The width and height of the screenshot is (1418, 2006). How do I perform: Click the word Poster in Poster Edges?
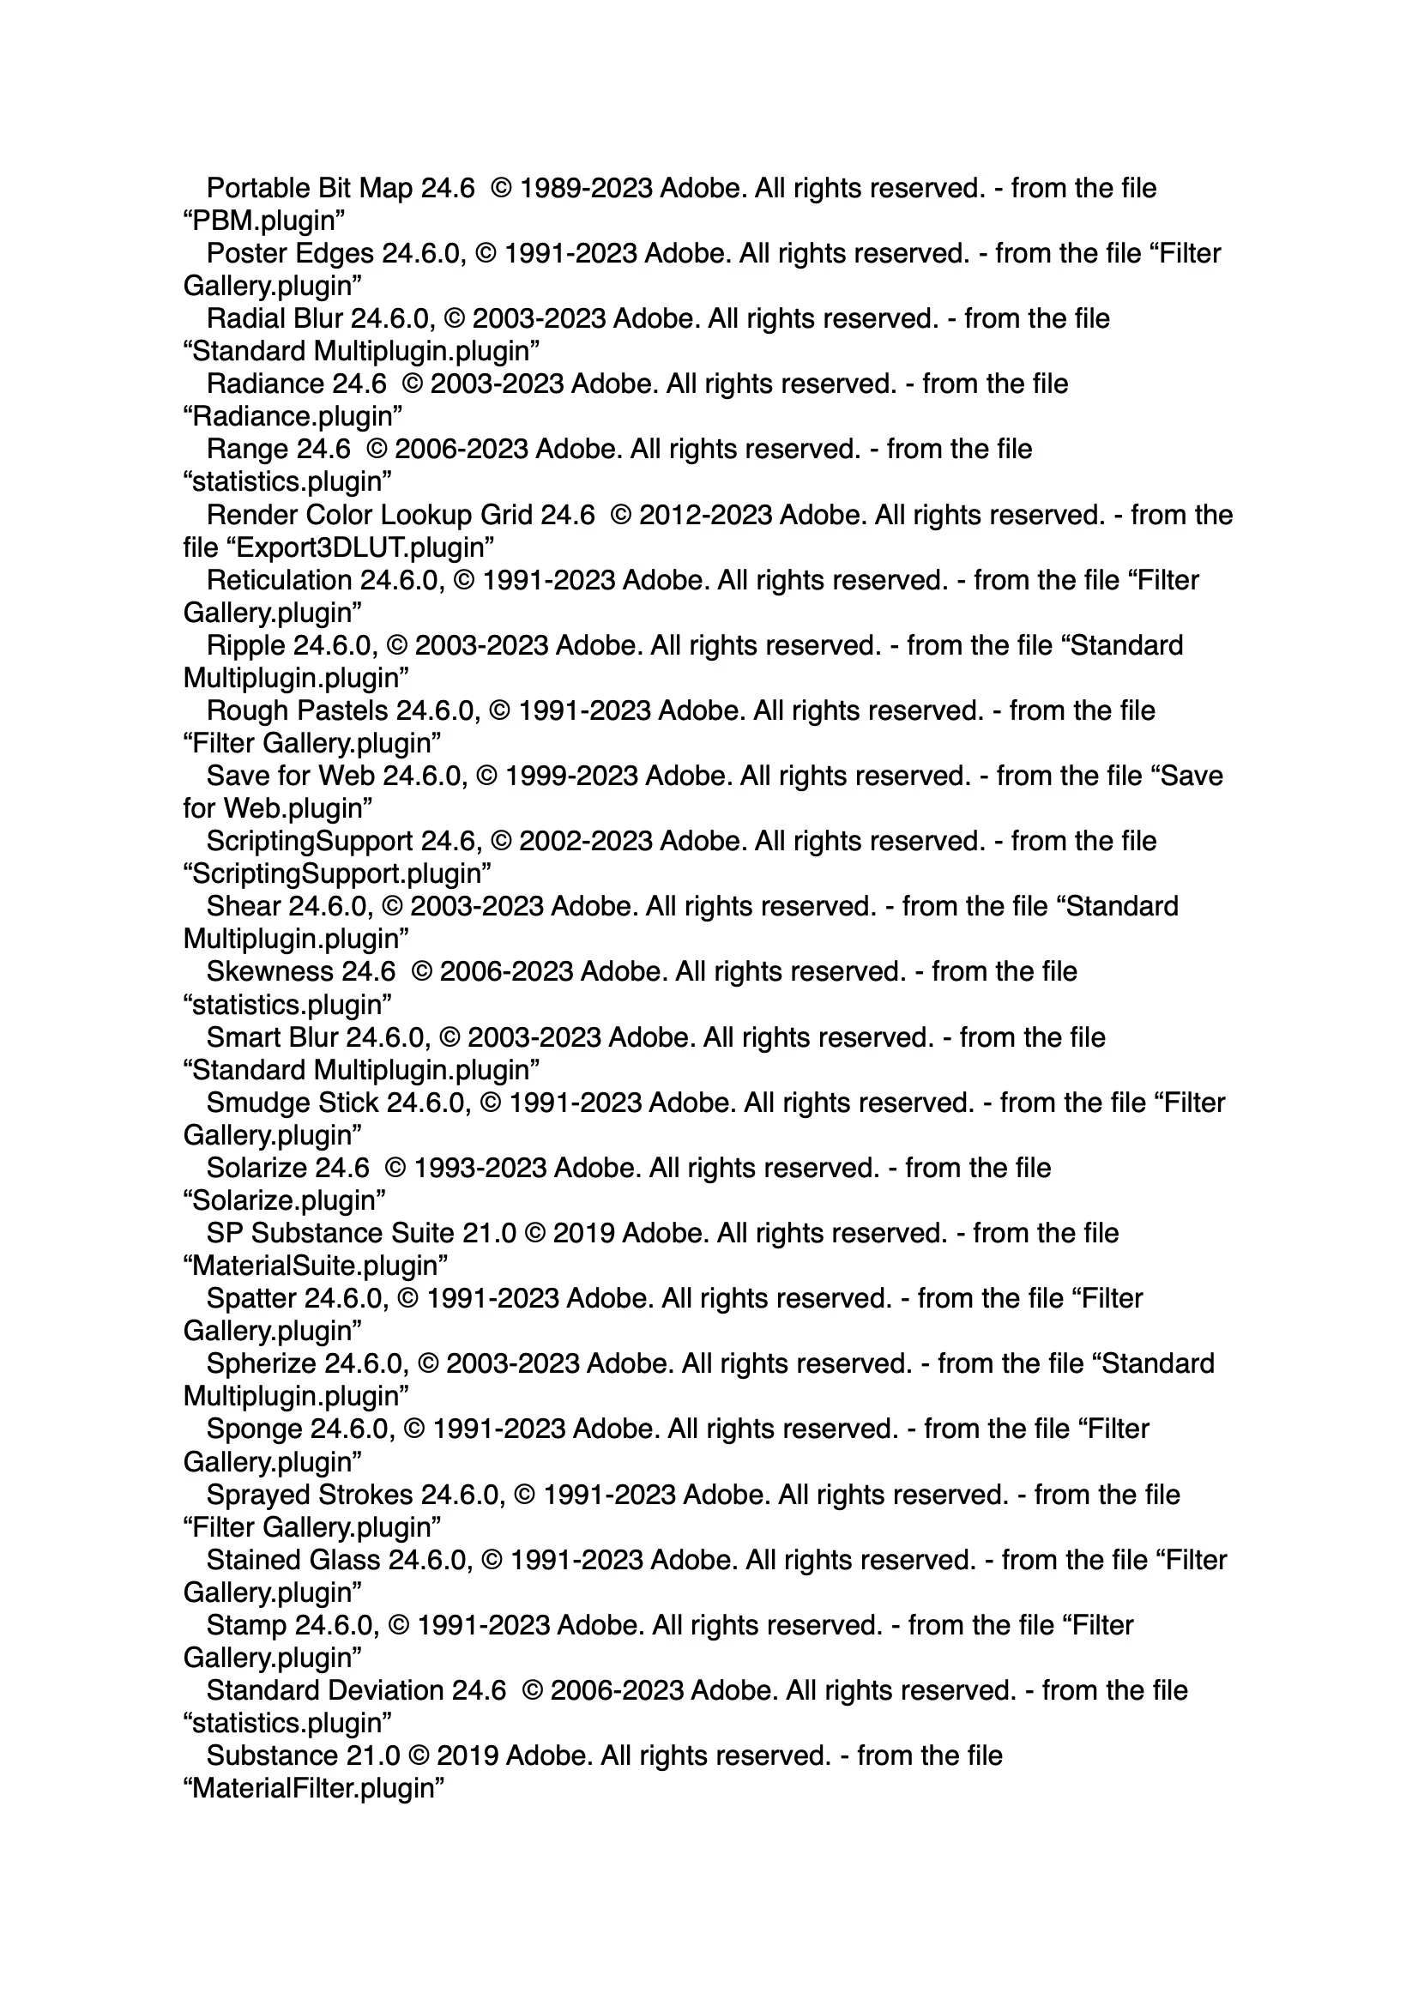pos(245,253)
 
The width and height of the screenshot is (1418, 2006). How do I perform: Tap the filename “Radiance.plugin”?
pos(293,417)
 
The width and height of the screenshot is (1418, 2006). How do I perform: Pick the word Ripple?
pos(245,646)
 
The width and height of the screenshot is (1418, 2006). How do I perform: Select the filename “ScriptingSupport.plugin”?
pos(337,873)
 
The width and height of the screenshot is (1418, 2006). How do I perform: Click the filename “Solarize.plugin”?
pos(285,1200)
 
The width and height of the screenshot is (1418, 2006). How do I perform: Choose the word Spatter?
pos(250,1298)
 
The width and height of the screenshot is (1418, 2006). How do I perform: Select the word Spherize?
pos(262,1364)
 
